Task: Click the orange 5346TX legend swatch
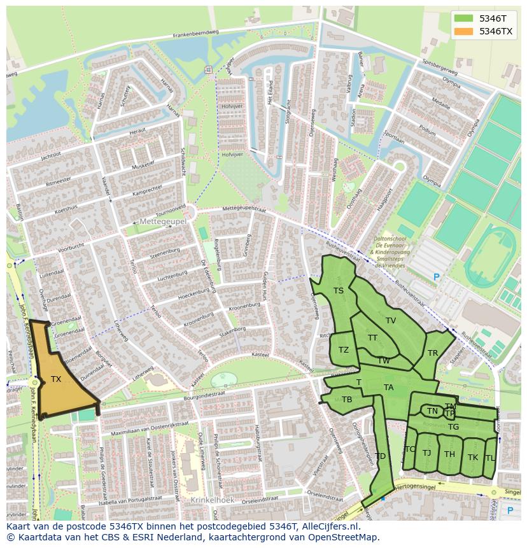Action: (x=464, y=31)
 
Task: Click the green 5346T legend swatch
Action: (x=464, y=18)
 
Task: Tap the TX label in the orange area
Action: (x=56, y=379)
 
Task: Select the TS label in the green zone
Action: (x=339, y=291)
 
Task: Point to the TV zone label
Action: (x=391, y=321)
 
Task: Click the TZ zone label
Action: (x=344, y=350)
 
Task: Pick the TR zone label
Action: (x=433, y=353)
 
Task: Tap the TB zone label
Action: (x=347, y=400)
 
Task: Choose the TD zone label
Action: (x=380, y=456)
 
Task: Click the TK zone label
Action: (x=473, y=458)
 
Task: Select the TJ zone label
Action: (x=426, y=453)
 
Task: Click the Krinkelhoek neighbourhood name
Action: (x=213, y=500)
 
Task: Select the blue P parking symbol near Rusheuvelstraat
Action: (x=436, y=277)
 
